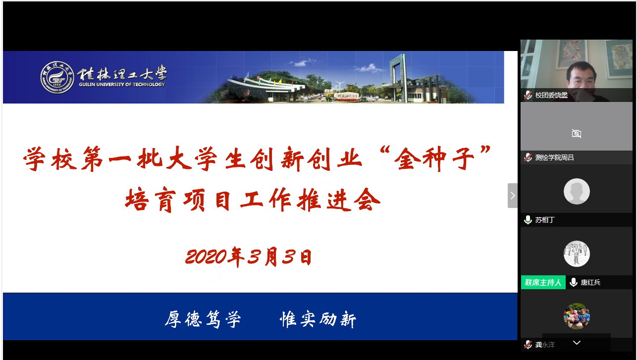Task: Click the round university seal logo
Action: coord(57,77)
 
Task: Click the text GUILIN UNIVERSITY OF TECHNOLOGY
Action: coord(122,85)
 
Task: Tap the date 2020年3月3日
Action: coord(249,257)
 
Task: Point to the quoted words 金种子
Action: coord(435,158)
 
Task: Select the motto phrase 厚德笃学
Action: coord(203,319)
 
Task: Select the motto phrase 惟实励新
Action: coord(318,319)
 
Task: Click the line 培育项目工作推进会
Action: coord(253,200)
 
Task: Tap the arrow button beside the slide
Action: coord(513,196)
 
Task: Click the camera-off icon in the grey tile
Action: coord(577,133)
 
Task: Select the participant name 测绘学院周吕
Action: coord(554,157)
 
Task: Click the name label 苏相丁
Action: coord(545,220)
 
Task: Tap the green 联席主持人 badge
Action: coord(543,282)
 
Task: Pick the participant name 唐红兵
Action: coord(590,282)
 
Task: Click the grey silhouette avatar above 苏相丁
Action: coord(577,191)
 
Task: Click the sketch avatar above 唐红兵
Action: coord(577,254)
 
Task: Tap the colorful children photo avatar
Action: coord(577,316)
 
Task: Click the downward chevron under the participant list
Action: coord(577,343)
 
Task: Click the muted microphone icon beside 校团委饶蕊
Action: coord(528,95)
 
